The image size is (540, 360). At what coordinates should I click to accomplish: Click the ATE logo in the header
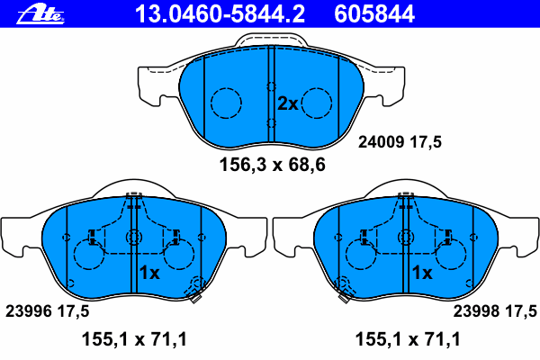point(40,14)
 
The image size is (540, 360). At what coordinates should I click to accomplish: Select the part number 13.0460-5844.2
point(220,14)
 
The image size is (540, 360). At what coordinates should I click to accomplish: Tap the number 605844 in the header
point(374,14)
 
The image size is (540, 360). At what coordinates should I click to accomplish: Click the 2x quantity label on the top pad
point(288,103)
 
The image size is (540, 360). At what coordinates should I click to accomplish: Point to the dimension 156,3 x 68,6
point(272,165)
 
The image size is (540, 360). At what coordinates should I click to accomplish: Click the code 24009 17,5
point(400,141)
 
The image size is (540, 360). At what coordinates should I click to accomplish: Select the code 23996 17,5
point(47,311)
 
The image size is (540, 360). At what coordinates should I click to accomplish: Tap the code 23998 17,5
point(495,311)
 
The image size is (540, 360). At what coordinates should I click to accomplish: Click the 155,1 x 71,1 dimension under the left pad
point(134,339)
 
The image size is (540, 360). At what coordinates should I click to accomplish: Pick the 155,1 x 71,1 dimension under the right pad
point(408,339)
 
